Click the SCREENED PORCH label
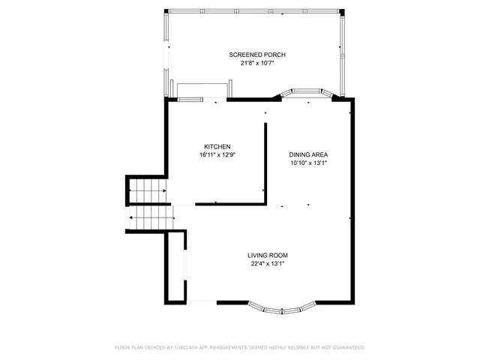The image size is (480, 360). pos(257,55)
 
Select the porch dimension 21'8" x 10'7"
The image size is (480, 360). pos(257,64)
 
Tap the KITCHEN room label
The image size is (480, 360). pos(217,146)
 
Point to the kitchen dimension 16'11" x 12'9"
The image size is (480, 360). pos(217,155)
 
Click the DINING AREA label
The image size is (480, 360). pos(308,154)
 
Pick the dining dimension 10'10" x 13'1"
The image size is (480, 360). pos(308,163)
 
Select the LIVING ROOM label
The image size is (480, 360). pos(268,255)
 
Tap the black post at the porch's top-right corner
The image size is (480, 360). pos(343,12)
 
